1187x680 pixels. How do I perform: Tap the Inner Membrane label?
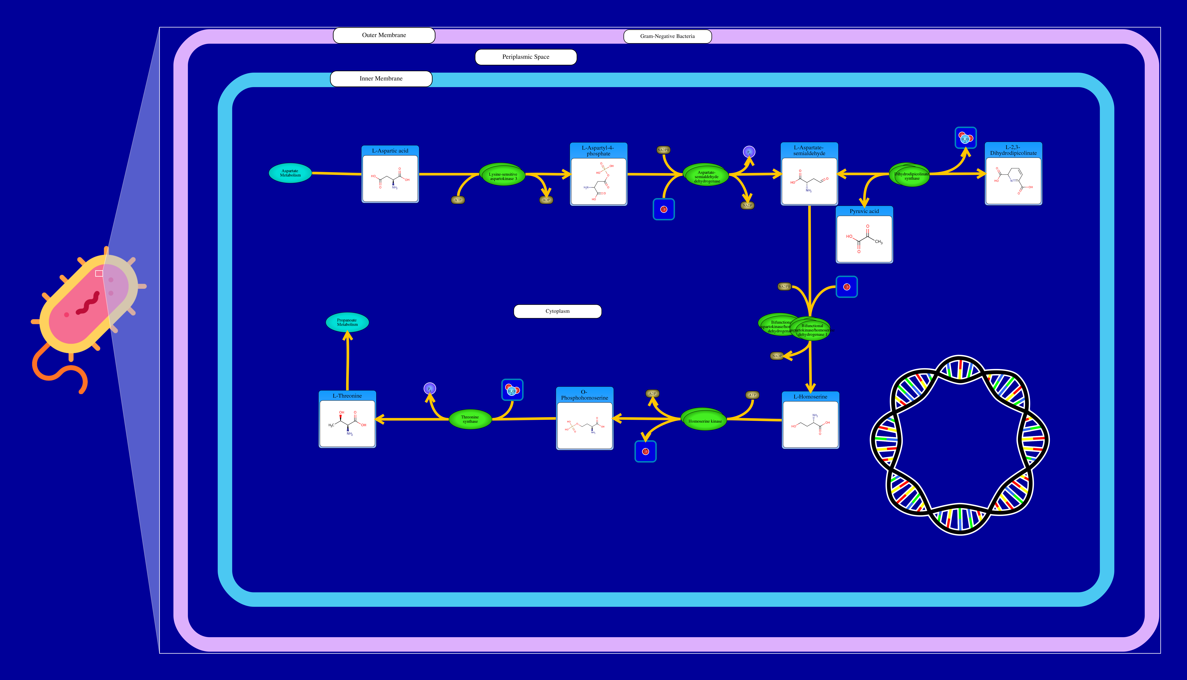pos(381,78)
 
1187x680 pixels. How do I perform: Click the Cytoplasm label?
pos(557,311)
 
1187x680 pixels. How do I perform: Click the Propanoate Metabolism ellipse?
pos(347,322)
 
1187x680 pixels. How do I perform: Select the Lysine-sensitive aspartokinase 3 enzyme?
pos(503,175)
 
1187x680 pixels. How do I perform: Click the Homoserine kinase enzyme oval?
pos(704,420)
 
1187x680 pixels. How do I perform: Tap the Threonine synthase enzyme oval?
pos(470,419)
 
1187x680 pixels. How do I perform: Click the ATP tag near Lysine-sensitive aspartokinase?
pos(458,200)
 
